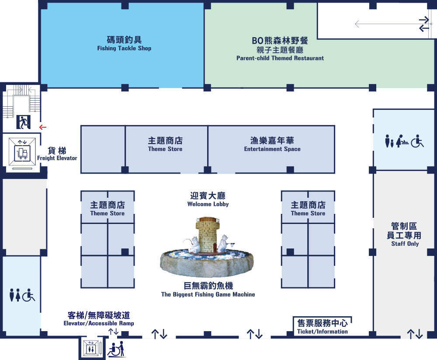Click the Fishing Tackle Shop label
[124, 48]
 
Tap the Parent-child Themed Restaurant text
[280, 58]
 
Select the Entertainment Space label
[272, 149]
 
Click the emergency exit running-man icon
[24, 122]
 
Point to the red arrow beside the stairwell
[43, 127]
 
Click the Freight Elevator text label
[57, 158]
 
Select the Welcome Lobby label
[208, 204]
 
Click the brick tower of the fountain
[207, 235]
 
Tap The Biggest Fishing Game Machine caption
[208, 294]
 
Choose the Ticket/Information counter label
[323, 332]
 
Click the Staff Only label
[405, 244]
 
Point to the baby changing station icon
[402, 141]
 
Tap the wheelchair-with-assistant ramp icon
[117, 349]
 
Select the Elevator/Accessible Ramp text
[99, 323]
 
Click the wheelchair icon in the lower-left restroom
[28, 295]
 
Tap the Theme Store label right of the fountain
[308, 213]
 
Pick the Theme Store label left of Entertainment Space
[165, 149]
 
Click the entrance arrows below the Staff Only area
[415, 334]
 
